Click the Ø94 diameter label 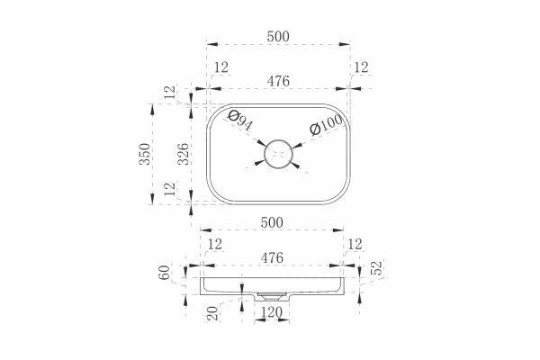pos(240,121)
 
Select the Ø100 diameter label pos(326,124)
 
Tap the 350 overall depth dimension pos(145,154)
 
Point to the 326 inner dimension pos(184,154)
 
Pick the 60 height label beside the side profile pos(165,272)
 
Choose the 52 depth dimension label pos(377,268)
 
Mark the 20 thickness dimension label pos(213,313)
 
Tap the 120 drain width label pos(272,312)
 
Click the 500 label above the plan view pos(278,36)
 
